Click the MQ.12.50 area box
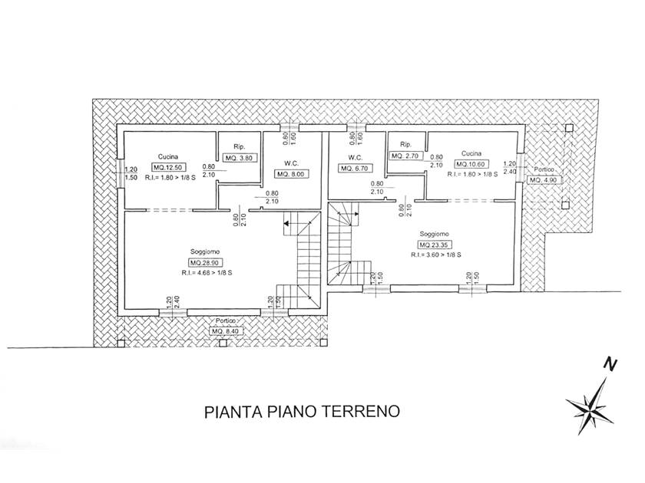(x=169, y=167)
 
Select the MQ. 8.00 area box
(x=292, y=174)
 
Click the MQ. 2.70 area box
(x=405, y=156)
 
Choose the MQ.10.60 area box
(x=471, y=164)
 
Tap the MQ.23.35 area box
(x=435, y=245)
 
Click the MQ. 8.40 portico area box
(x=227, y=331)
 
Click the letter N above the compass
(x=610, y=364)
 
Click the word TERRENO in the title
(x=360, y=412)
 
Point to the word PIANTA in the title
(x=233, y=412)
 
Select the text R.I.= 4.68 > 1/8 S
(x=206, y=273)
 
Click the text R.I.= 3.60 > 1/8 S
(x=435, y=255)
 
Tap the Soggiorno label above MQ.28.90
(x=205, y=251)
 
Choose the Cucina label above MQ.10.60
(x=471, y=153)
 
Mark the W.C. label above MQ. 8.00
(x=292, y=163)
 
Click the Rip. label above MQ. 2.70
(x=405, y=145)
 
